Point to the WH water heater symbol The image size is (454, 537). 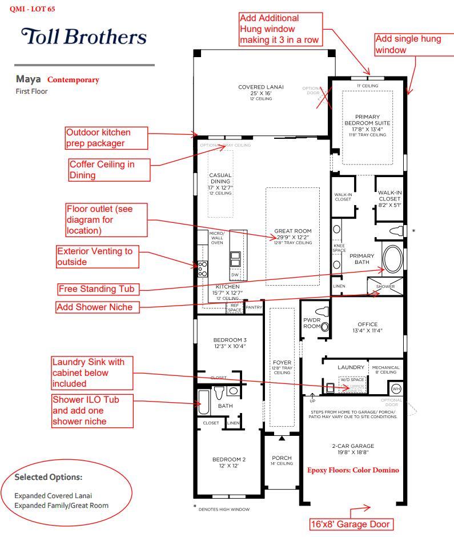click(396, 389)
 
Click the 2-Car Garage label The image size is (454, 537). click(353, 449)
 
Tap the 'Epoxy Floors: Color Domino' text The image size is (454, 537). click(353, 470)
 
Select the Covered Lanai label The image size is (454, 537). click(260, 90)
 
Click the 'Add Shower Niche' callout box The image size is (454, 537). click(98, 307)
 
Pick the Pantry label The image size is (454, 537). click(254, 307)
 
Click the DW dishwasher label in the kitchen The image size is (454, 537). click(235, 275)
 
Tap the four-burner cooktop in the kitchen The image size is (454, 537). click(203, 269)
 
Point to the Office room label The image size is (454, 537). click(367, 327)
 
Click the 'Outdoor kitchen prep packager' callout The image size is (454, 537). click(105, 138)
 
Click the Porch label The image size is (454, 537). click(282, 460)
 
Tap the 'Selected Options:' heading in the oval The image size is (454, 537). click(49, 477)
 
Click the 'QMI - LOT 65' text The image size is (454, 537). click(33, 10)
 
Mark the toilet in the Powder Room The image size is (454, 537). click(324, 313)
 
